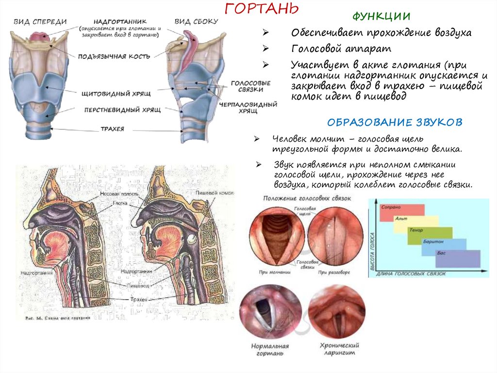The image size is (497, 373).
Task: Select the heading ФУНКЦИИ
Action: tap(381, 16)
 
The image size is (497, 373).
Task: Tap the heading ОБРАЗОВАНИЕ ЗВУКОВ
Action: tap(395, 122)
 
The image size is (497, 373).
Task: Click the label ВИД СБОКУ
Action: tap(196, 21)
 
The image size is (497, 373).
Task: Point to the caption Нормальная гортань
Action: tap(270, 350)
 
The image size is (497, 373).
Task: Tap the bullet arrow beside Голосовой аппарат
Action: tap(265, 49)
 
